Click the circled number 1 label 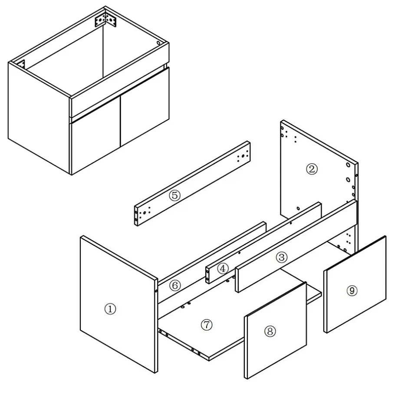click(110, 309)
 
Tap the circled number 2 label click(312, 169)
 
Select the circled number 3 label click(282, 257)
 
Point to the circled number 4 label click(223, 268)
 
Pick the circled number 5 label click(174, 195)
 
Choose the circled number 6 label click(175, 286)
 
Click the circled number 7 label click(207, 325)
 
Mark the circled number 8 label click(270, 331)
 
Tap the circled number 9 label click(352, 290)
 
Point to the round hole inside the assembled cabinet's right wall click(158, 43)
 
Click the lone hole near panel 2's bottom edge click(298, 208)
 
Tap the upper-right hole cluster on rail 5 click(242, 156)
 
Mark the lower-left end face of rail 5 click(136, 216)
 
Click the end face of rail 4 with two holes click(207, 275)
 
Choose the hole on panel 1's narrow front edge click(156, 291)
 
